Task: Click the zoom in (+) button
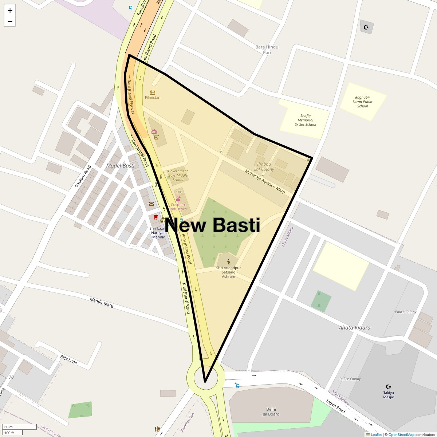10,11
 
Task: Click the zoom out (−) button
10,21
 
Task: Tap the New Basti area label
213,225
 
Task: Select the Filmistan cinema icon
153,92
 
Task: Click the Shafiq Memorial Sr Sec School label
305,120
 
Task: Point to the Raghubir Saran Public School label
362,102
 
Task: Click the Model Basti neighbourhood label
120,166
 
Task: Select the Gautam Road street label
83,177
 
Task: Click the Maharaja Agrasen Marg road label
265,181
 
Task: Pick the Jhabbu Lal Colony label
264,167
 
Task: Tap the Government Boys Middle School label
178,175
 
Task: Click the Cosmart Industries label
178,207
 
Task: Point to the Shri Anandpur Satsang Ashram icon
228,262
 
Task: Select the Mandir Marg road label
102,302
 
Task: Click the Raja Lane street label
68,359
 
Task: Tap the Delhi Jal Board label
271,412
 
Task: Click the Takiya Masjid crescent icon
389,386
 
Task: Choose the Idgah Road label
335,406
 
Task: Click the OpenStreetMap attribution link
401,434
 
